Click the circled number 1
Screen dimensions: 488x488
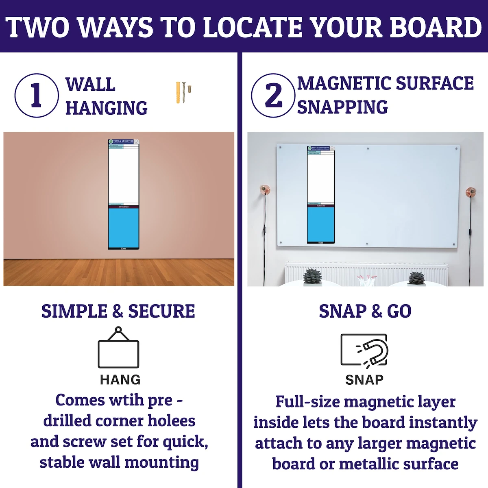click(36, 96)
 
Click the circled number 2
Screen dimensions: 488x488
click(273, 96)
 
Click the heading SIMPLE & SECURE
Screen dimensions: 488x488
click(118, 311)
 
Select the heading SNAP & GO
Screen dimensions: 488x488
click(365, 311)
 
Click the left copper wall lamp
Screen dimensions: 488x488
click(265, 190)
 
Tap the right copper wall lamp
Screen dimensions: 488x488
click(471, 191)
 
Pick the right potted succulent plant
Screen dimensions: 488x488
click(416, 278)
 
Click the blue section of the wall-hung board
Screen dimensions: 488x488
click(124, 228)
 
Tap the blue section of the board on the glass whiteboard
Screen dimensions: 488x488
click(321, 224)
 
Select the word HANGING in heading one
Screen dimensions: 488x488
click(107, 108)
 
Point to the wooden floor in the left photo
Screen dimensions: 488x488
click(118, 272)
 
